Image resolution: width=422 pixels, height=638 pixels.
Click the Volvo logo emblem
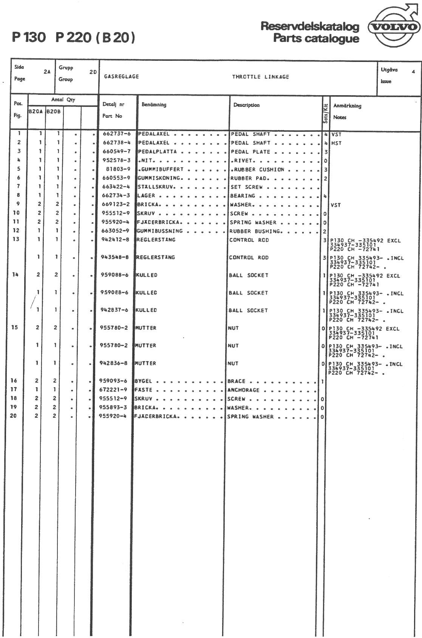(x=394, y=27)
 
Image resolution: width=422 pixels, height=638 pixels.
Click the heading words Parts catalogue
(x=316, y=38)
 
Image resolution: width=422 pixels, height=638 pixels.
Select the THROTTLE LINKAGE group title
(x=260, y=77)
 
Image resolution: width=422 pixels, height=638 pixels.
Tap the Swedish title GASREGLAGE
(x=121, y=77)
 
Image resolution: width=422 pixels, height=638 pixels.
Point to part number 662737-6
(x=117, y=134)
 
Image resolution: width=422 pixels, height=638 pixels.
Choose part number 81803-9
(x=118, y=169)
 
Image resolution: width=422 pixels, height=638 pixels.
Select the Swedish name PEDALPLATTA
(x=158, y=151)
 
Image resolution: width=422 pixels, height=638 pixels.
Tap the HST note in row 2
(x=336, y=143)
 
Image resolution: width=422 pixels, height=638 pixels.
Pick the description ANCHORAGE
(x=243, y=390)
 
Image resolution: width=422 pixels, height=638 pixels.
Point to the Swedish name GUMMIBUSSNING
(x=159, y=231)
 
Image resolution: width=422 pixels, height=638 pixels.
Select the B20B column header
(x=54, y=111)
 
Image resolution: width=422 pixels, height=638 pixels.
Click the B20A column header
(x=36, y=111)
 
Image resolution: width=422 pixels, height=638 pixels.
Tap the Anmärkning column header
(x=347, y=106)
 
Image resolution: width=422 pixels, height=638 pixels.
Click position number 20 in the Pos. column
(x=13, y=416)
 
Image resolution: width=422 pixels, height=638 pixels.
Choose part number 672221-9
(x=113, y=389)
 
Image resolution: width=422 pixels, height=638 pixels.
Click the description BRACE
(x=236, y=381)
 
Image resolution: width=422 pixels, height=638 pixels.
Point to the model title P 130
(x=29, y=37)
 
